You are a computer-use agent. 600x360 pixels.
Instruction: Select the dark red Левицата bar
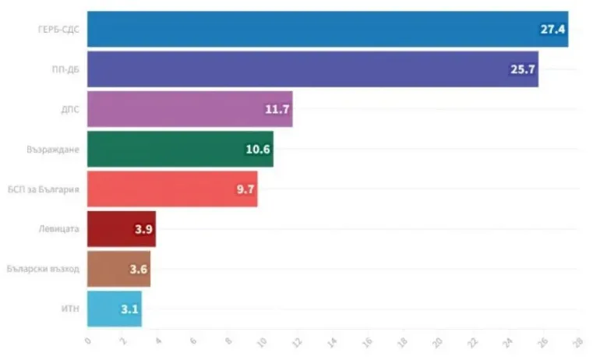(x=121, y=229)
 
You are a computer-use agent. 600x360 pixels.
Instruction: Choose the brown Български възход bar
(x=118, y=269)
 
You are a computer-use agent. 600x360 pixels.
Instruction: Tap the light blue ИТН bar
(x=114, y=309)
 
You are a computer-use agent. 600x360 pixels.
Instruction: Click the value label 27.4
(x=552, y=30)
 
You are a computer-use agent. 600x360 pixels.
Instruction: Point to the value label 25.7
(x=522, y=69)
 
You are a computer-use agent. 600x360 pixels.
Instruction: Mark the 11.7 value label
(x=277, y=109)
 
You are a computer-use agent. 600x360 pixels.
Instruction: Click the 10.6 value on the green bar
(x=258, y=149)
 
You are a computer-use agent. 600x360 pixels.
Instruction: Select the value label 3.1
(x=129, y=309)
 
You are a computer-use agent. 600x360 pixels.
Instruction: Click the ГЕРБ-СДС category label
(x=62, y=30)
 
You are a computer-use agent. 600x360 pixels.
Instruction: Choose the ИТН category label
(x=71, y=309)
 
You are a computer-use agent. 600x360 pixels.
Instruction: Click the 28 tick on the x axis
(x=577, y=341)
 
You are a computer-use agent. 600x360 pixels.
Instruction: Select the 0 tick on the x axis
(x=88, y=341)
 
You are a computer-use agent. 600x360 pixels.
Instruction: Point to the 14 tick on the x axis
(x=333, y=341)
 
